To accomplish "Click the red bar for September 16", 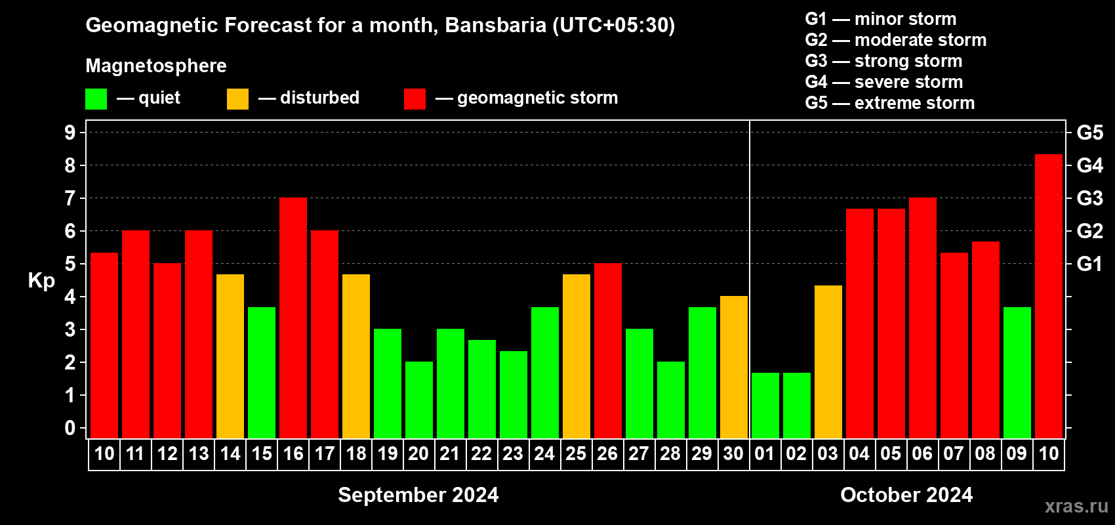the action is (x=293, y=318).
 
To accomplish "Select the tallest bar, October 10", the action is (x=1049, y=297).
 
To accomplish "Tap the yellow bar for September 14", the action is (x=230, y=356).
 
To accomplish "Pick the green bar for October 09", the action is (x=1017, y=373).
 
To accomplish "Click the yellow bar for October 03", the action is (x=828, y=362).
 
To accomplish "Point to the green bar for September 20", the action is (x=419, y=400).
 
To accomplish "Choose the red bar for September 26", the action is (x=608, y=350).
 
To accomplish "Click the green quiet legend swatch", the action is (x=96, y=98).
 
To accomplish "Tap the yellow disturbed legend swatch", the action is (x=237, y=98).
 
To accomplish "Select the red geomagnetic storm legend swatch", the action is (x=415, y=98).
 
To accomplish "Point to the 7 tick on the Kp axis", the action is (x=70, y=198).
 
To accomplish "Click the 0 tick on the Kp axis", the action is (x=70, y=428).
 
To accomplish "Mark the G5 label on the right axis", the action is (x=1090, y=133).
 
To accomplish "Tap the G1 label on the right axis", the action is (x=1089, y=264).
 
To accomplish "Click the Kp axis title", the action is (x=41, y=281).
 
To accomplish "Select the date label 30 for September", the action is (x=733, y=453).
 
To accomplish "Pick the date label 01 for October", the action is (x=765, y=453).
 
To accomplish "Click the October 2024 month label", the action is (x=906, y=495).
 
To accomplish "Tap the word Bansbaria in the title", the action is (x=495, y=25).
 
